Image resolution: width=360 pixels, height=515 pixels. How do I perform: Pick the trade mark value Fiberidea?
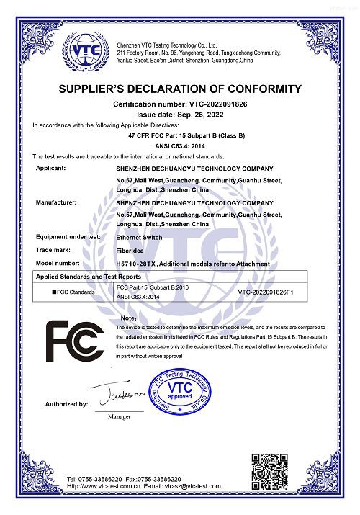point(132,250)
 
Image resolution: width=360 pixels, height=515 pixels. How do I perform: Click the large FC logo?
point(75,342)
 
